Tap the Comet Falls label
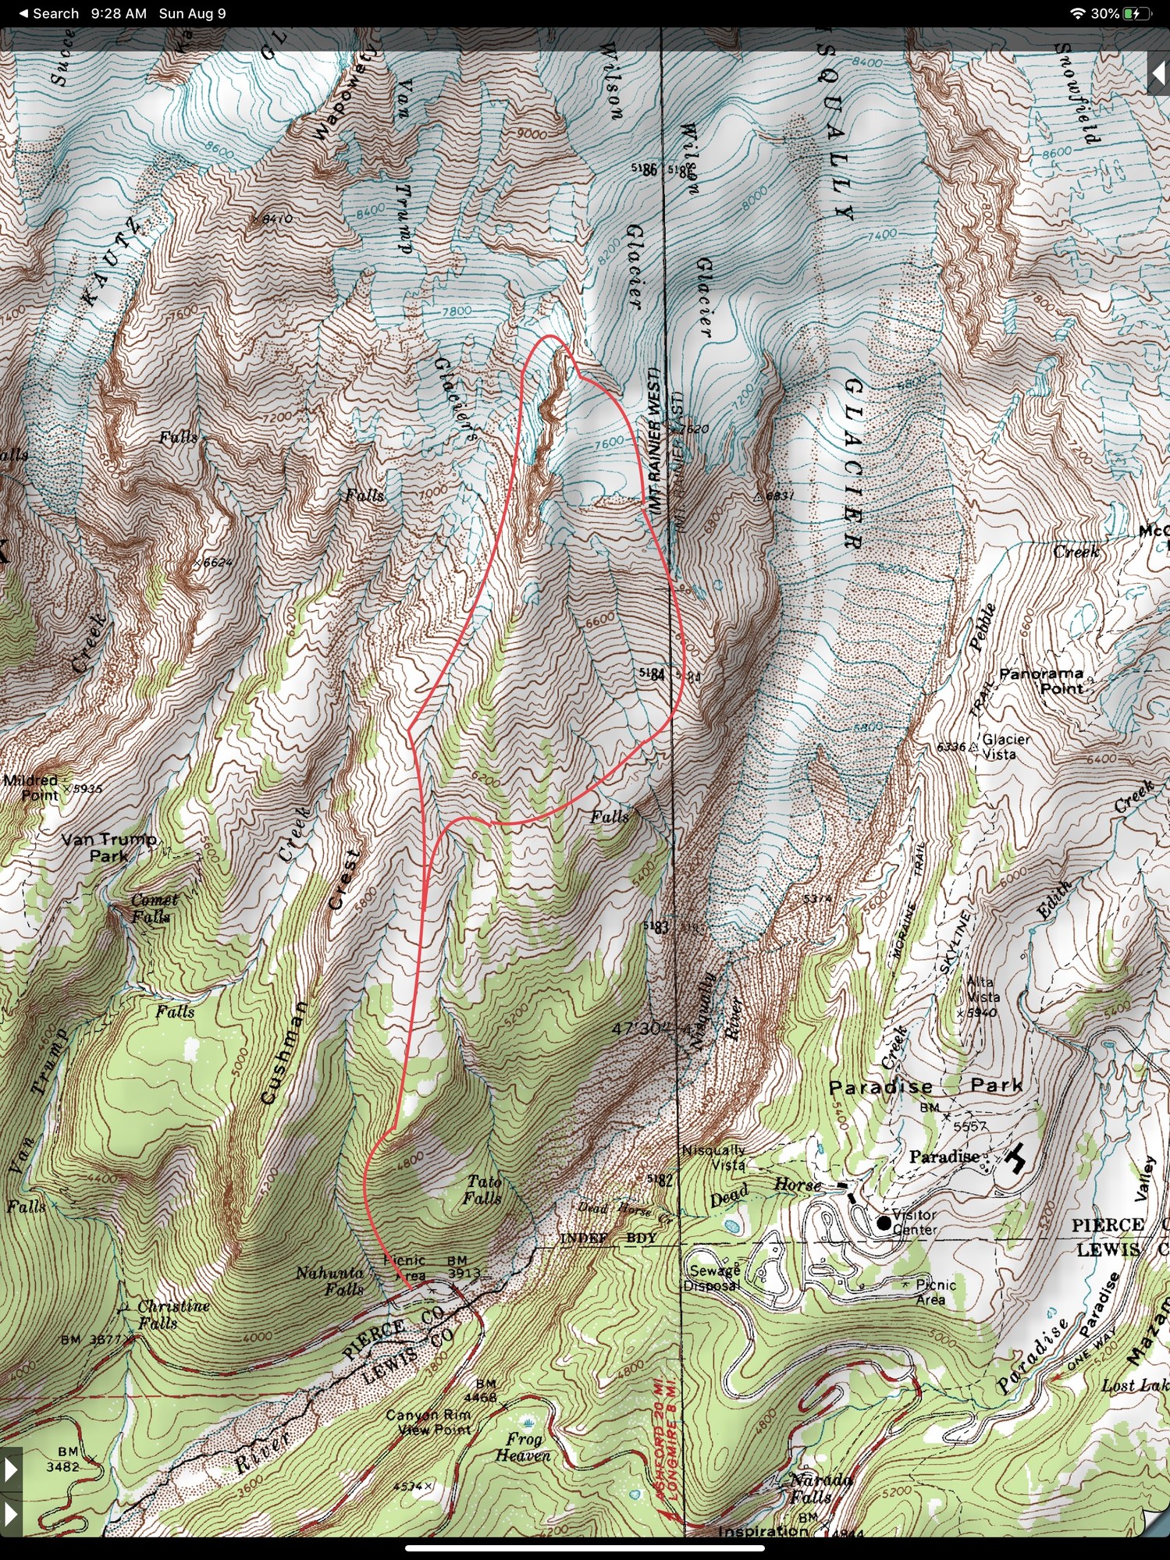[x=154, y=908]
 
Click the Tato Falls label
[x=483, y=1190]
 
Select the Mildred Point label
[x=31, y=787]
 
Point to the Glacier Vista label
[x=1005, y=746]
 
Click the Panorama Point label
[x=1041, y=681]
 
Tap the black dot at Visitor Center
[x=883, y=1223]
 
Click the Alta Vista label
[x=983, y=990]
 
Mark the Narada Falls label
[x=820, y=1487]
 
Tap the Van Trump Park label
[x=108, y=847]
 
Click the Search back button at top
[x=48, y=13]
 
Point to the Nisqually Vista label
[x=713, y=1157]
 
